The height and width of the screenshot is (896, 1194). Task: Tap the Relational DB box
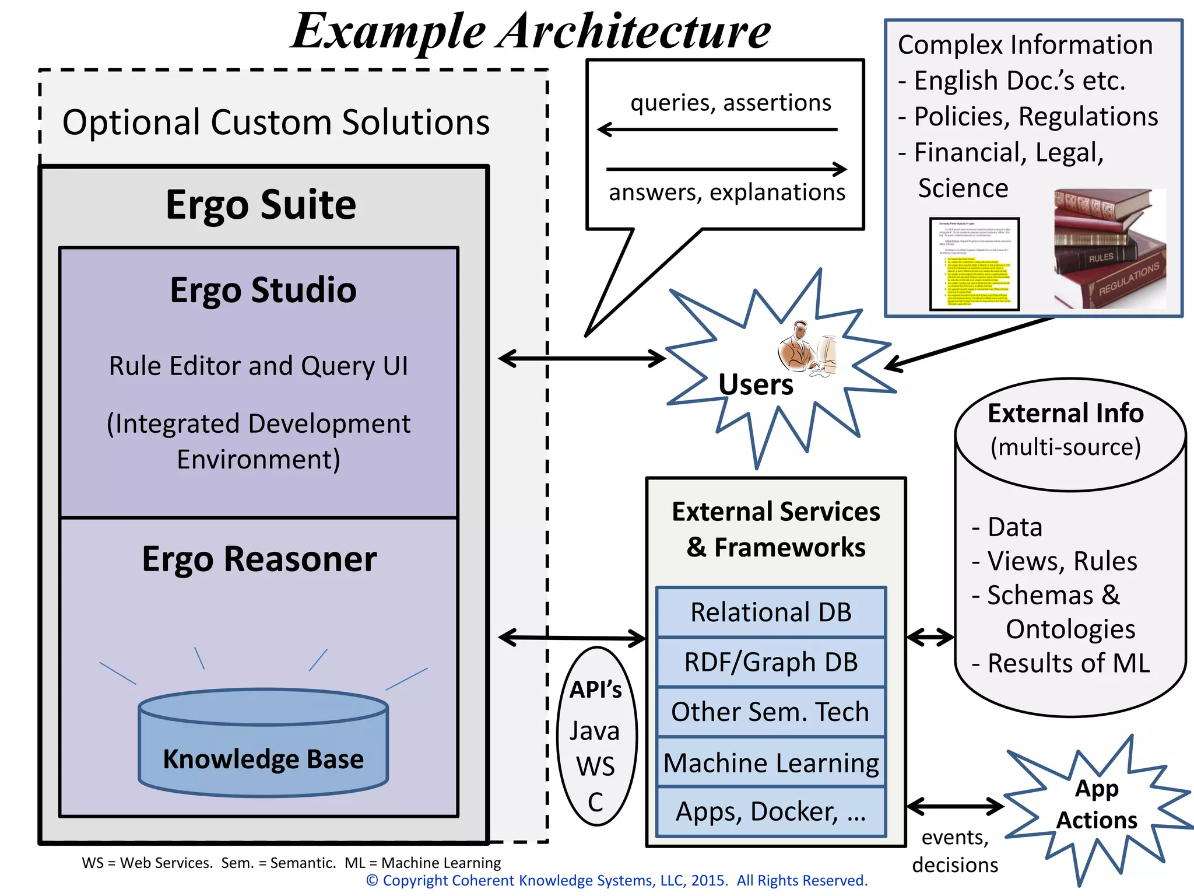pos(771,612)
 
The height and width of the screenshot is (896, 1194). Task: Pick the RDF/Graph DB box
pos(771,662)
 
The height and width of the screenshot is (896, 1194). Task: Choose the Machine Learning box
pos(771,762)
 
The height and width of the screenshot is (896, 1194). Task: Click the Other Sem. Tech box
pos(771,712)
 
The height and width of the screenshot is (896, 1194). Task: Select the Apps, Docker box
pos(771,811)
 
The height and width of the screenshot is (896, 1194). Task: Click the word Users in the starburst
pos(756,384)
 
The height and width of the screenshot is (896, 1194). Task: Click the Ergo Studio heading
pos(263,290)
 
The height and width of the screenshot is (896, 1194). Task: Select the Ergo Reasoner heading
pos(259,559)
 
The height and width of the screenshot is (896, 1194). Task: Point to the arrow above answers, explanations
pos(726,169)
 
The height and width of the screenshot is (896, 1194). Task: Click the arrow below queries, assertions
pos(717,129)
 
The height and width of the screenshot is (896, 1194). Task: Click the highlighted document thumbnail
pos(974,264)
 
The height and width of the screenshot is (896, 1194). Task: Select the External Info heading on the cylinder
pos(1065,413)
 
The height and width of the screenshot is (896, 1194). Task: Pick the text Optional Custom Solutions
pos(276,123)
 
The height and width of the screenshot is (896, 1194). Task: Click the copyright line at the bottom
pos(616,880)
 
